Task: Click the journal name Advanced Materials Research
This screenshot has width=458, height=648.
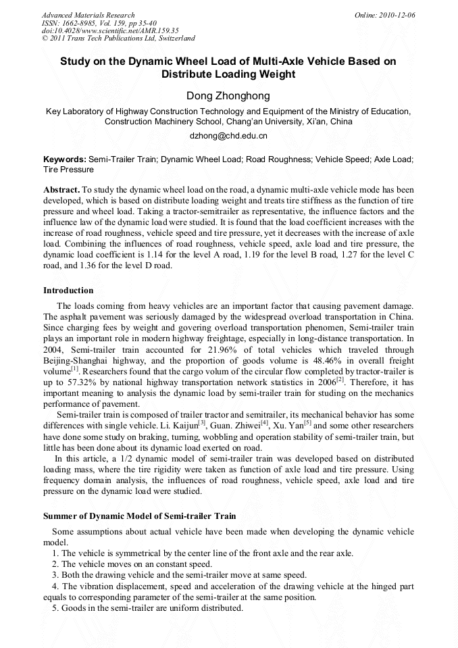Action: tap(88, 15)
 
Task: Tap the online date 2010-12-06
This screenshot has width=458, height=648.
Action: tap(398, 15)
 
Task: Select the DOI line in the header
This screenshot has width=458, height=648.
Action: tap(110, 30)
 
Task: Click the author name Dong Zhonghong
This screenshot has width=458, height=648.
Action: tap(228, 96)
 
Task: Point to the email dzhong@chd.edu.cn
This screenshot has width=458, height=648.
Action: tap(228, 136)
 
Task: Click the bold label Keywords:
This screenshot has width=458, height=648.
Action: tap(65, 159)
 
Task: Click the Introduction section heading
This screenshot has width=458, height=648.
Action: tap(68, 291)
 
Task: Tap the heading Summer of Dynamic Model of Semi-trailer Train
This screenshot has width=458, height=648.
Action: tap(139, 516)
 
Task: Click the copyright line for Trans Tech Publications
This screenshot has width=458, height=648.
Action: tap(118, 39)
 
